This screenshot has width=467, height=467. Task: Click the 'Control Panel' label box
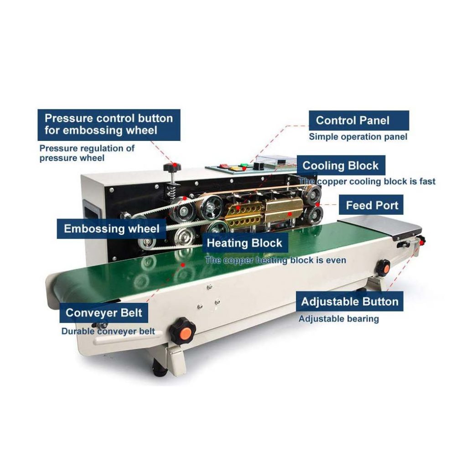(358, 120)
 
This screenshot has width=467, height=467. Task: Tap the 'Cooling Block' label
(341, 165)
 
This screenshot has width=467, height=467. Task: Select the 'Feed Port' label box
(371, 205)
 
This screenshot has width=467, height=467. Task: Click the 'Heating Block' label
(244, 243)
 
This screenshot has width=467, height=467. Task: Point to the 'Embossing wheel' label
(111, 229)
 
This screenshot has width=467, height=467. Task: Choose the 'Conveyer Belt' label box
(104, 313)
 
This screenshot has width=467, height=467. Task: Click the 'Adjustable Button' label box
(350, 301)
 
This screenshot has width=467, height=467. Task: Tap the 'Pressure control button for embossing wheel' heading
(109, 125)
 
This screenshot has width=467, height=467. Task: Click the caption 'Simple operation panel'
(358, 137)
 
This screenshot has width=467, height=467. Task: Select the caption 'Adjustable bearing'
(339, 319)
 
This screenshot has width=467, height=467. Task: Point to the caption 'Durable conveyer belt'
(108, 331)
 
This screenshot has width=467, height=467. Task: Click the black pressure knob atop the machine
(172, 167)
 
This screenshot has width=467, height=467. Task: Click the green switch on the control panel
(244, 165)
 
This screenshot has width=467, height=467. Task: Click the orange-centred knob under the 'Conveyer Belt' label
(182, 330)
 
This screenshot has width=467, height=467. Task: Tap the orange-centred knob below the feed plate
(383, 268)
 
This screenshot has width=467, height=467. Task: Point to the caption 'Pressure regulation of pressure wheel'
(87, 153)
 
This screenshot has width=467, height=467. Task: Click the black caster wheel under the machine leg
(159, 368)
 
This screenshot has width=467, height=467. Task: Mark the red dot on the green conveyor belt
(183, 265)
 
